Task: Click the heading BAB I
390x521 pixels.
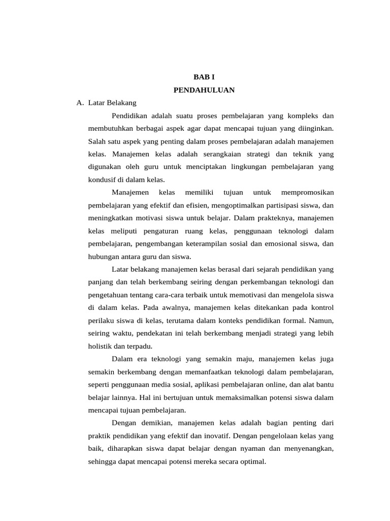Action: click(x=204, y=77)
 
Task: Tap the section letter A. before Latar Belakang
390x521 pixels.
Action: click(x=80, y=103)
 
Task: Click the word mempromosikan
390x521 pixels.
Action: click(x=307, y=192)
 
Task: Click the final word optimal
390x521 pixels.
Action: click(x=253, y=461)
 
